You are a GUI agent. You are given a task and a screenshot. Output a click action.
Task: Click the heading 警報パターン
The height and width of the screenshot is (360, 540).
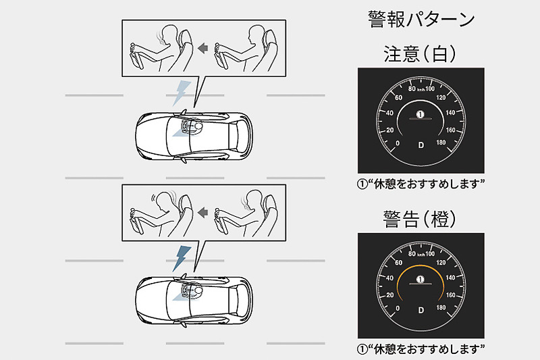(x=421, y=19)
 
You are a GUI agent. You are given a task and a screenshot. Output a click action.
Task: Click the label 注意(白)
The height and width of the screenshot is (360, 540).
(x=420, y=54)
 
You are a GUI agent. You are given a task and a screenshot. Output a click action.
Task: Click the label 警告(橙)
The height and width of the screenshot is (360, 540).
(x=420, y=219)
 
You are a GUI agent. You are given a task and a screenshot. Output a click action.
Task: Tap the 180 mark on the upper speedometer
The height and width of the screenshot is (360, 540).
(x=441, y=143)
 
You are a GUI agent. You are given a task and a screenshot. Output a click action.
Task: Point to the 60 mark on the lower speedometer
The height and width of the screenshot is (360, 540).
(x=398, y=263)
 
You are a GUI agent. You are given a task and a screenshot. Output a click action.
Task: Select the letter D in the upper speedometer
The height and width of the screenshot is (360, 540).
(x=421, y=145)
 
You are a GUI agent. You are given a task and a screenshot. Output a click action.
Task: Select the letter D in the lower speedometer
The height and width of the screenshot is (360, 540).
(x=421, y=311)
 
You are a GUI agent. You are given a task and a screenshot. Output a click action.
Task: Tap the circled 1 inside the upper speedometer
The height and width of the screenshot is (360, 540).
(x=420, y=114)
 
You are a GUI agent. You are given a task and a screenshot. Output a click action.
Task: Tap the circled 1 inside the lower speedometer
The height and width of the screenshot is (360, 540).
(x=420, y=279)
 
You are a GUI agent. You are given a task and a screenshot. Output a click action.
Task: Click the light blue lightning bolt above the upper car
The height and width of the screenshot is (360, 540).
(x=182, y=93)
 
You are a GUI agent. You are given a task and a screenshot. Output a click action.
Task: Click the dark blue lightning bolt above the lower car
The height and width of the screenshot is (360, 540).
(x=182, y=259)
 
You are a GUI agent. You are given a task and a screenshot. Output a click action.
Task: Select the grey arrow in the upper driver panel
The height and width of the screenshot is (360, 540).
(x=203, y=48)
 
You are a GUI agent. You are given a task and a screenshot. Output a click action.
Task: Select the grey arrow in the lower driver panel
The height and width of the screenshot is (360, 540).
(x=203, y=213)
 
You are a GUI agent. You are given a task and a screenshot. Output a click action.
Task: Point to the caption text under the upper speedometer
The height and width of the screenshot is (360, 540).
(x=421, y=184)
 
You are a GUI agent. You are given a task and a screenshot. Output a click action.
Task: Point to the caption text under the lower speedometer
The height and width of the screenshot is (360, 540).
(x=421, y=349)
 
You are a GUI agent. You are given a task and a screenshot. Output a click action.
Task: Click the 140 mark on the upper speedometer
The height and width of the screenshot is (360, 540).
(x=450, y=113)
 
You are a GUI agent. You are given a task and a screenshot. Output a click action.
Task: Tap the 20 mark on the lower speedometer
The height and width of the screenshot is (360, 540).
(x=390, y=295)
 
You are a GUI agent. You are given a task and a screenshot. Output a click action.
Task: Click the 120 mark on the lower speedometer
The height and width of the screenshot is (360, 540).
(x=441, y=263)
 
